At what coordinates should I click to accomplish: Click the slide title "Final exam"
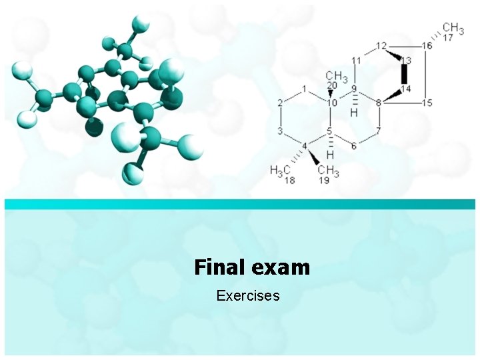[x=252, y=267]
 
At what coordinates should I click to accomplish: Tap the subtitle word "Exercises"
[x=248, y=295]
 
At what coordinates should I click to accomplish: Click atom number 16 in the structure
[x=427, y=45]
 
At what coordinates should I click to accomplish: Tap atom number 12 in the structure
[x=381, y=45]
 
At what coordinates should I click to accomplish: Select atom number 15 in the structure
[x=427, y=103]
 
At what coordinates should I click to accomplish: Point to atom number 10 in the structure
[x=332, y=102]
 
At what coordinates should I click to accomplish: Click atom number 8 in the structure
[x=379, y=103]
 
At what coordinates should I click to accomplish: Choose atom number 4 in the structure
[x=305, y=145]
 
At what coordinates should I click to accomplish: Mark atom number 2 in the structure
[x=281, y=102]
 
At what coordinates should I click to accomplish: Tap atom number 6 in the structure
[x=354, y=145]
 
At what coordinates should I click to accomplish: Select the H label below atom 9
[x=354, y=113]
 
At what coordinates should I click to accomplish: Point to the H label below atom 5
[x=330, y=155]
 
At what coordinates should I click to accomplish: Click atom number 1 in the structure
[x=304, y=88]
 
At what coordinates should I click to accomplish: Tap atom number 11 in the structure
[x=356, y=60]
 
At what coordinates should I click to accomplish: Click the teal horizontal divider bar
[x=240, y=204]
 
